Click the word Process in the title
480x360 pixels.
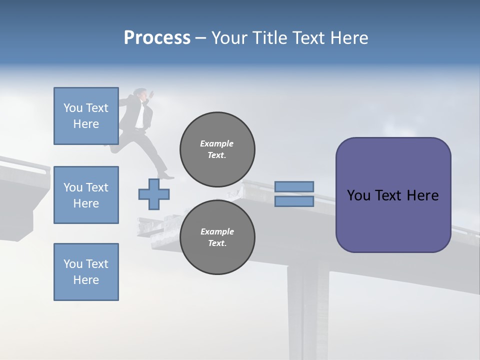[157, 38]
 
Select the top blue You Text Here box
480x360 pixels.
[86, 116]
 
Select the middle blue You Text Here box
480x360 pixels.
[86, 195]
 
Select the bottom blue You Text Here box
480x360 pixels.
[86, 271]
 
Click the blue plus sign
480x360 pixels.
[154, 193]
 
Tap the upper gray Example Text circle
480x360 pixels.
[217, 149]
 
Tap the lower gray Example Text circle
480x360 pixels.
[217, 237]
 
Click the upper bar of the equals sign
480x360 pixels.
[294, 186]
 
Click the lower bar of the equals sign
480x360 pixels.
[294, 201]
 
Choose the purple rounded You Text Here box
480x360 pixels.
[393, 195]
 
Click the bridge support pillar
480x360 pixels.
[303, 310]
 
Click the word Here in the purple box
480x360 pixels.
[422, 195]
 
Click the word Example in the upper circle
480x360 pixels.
[216, 143]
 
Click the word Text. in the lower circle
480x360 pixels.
[217, 243]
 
